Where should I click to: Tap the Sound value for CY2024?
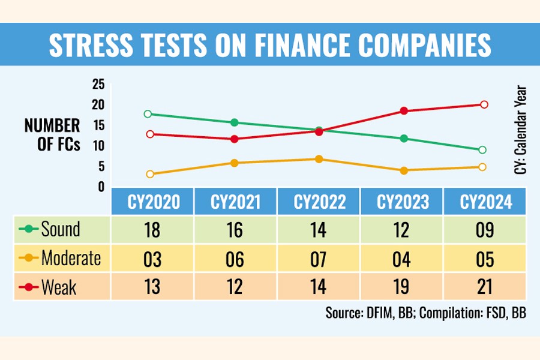(485, 229)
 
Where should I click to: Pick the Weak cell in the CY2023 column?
(403, 288)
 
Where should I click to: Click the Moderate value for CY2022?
(319, 259)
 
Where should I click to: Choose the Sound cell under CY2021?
(236, 229)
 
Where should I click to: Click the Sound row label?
(60, 229)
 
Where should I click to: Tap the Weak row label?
(58, 288)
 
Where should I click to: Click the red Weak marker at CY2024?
(484, 104)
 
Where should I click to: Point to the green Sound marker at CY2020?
(148, 114)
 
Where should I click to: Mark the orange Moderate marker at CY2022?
(319, 159)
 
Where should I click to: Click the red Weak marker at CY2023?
(404, 111)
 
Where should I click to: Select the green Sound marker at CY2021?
(235, 122)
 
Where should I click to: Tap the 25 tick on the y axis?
(98, 85)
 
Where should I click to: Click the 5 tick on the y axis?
(101, 166)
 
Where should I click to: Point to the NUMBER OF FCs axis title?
(52, 136)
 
